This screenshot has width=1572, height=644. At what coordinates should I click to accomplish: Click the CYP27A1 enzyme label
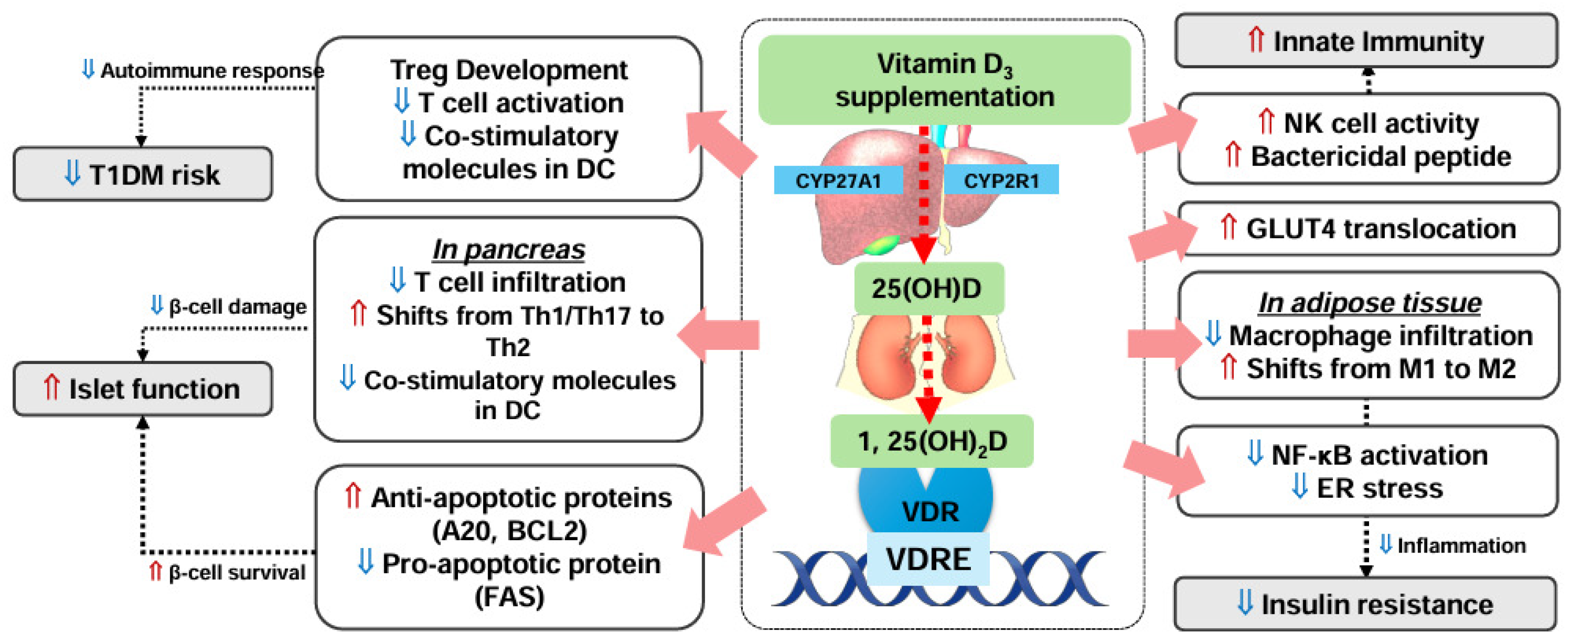pos(838,181)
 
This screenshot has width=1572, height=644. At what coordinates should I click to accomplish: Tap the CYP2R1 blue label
pos(1001,181)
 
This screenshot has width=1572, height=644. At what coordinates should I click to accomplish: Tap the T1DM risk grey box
pos(142,175)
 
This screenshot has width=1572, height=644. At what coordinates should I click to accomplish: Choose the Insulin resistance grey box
pos(1366,604)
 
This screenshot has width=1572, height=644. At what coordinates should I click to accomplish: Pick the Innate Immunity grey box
pos(1366,41)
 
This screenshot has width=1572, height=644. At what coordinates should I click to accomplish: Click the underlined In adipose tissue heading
pos(1369,303)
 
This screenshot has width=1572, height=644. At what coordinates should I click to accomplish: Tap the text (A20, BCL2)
pos(509,531)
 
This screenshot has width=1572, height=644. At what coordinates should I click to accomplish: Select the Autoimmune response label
pos(211,71)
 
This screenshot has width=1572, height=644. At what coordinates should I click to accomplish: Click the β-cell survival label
pos(236,573)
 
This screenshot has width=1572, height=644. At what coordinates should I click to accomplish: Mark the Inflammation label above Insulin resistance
pos(1460,545)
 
